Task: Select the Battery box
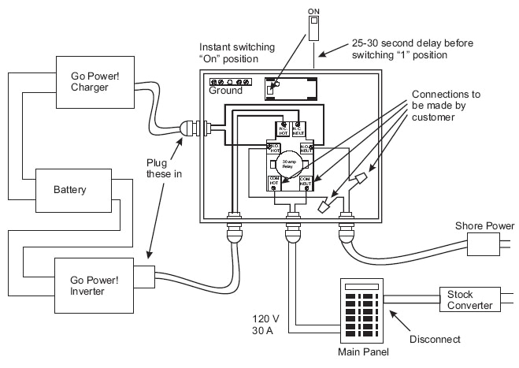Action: pos(70,191)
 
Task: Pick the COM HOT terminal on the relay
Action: pos(276,183)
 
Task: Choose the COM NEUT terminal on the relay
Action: pos(305,183)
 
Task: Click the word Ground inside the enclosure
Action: pos(225,91)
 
